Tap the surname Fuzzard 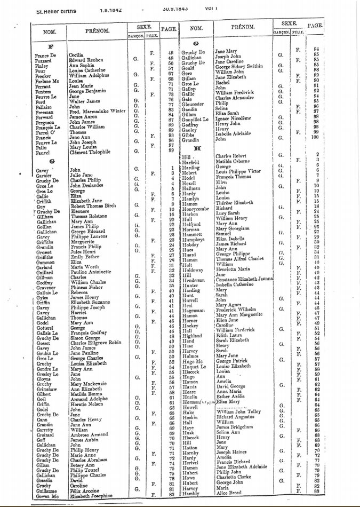(x=44, y=59)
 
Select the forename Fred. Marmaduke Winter (x=95, y=110)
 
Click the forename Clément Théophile (x=90, y=152)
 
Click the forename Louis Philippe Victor (x=245, y=171)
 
